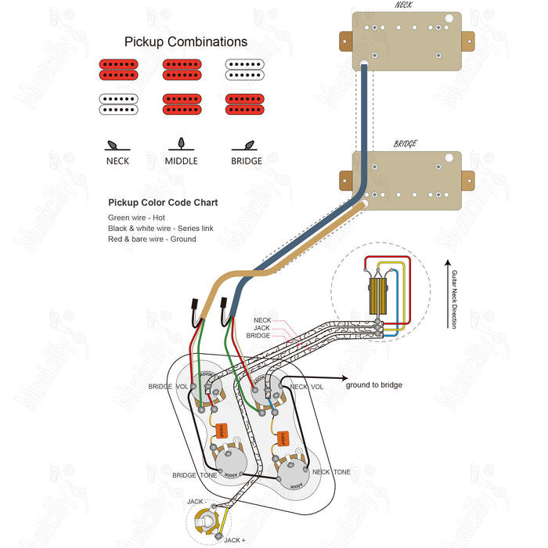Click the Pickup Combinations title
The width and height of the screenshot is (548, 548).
[x=186, y=42]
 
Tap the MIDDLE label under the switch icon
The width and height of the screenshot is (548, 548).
[x=181, y=161]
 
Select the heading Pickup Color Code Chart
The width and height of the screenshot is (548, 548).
[x=163, y=202]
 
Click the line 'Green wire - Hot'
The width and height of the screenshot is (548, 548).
[x=137, y=217]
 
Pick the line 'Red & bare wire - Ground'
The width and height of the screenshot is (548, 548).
[x=152, y=239]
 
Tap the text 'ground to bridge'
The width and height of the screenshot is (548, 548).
[x=375, y=385]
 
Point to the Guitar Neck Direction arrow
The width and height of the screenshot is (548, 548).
[x=446, y=294]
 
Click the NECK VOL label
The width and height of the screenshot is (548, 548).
[x=306, y=387]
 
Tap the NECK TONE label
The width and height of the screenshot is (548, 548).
[x=331, y=472]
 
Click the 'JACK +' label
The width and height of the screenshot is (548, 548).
[x=233, y=540]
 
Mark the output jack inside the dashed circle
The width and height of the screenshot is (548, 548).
[x=207, y=520]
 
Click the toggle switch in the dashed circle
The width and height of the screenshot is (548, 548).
[x=380, y=297]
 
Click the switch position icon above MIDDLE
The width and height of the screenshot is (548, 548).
[x=181, y=144]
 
